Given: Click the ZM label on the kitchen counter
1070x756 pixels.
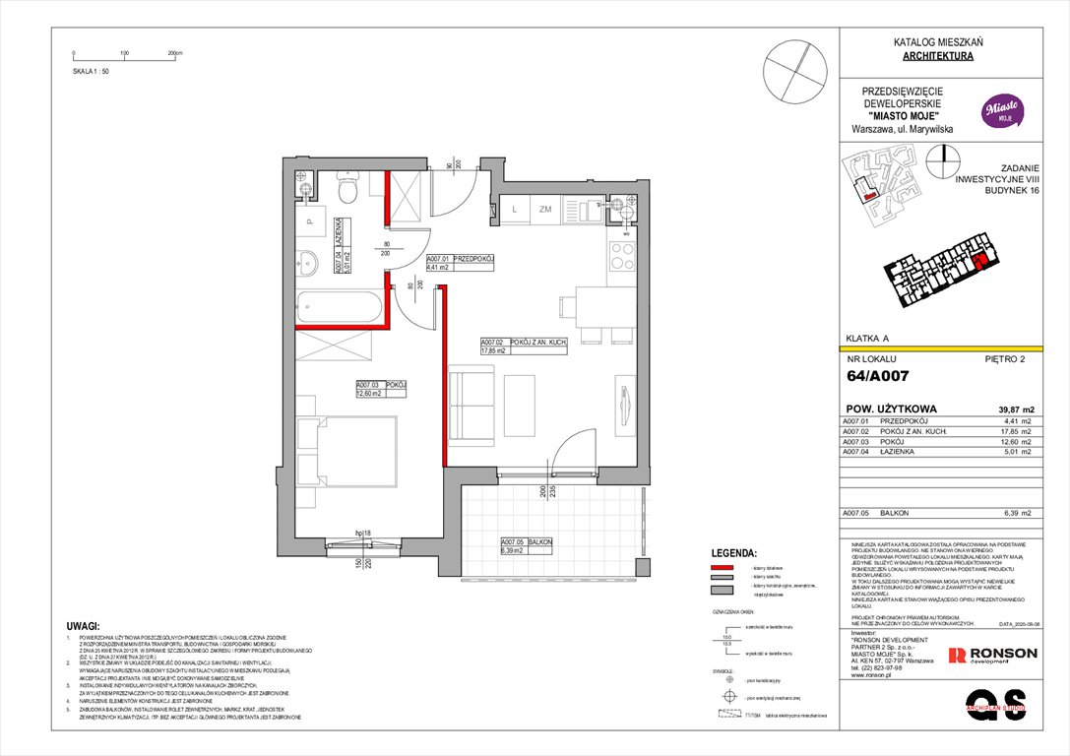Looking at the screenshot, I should point(544,208).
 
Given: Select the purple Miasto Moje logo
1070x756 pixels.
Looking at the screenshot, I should point(1001,110).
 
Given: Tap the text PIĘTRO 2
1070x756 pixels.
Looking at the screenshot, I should point(1005,359).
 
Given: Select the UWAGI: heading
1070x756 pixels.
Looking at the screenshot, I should point(82,625).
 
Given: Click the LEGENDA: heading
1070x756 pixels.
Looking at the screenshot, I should point(733,554).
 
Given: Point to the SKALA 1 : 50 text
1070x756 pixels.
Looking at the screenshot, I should point(91,72).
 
